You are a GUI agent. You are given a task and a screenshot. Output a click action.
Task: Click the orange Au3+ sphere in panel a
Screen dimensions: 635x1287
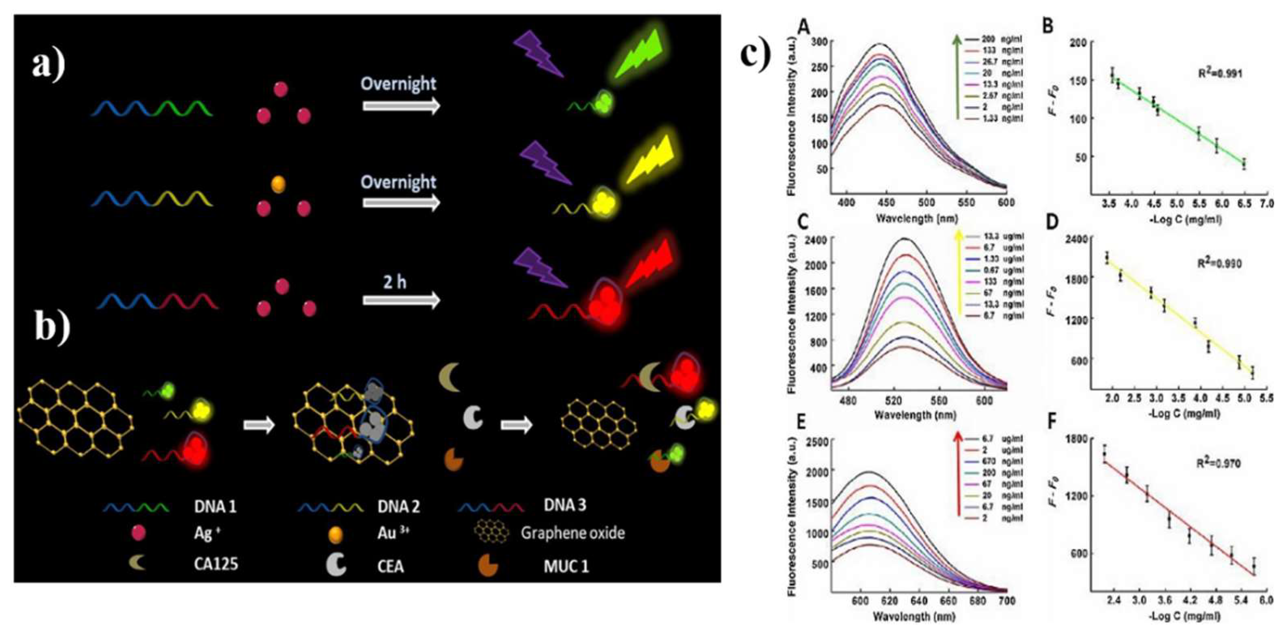tap(278, 184)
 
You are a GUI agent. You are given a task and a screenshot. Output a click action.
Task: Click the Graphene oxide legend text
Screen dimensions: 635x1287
tap(573, 533)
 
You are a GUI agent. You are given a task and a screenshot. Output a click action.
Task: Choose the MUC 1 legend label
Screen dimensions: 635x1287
tap(566, 567)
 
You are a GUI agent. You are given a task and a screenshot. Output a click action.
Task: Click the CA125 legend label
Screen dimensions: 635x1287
tap(216, 564)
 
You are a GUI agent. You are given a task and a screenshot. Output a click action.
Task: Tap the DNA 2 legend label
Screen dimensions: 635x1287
tap(398, 507)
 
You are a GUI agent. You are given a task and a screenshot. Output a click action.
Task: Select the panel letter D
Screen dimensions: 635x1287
tap(1052, 222)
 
